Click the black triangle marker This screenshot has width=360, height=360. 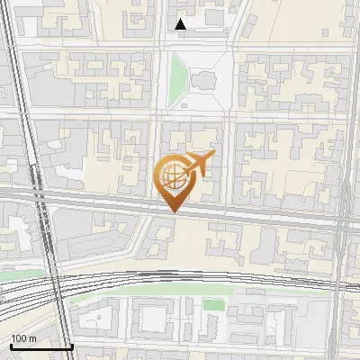pyautogui.click(x=181, y=25)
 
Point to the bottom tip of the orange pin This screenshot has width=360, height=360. pyautogui.click(x=172, y=211)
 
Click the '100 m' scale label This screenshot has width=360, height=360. pyautogui.click(x=23, y=337)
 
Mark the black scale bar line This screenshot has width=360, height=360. pyautogui.click(x=41, y=346)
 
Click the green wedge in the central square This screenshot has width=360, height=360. pyautogui.click(x=176, y=76)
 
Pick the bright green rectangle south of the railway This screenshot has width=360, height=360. pyautogui.click(x=212, y=305)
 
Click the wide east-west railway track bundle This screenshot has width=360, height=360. pyautogui.click(x=180, y=279)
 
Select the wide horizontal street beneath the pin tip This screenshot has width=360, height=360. pyautogui.click(x=225, y=213)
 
